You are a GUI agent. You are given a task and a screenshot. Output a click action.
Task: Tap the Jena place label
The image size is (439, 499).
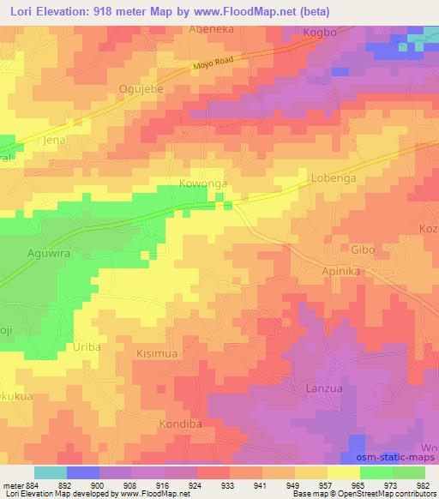tap(55, 138)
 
